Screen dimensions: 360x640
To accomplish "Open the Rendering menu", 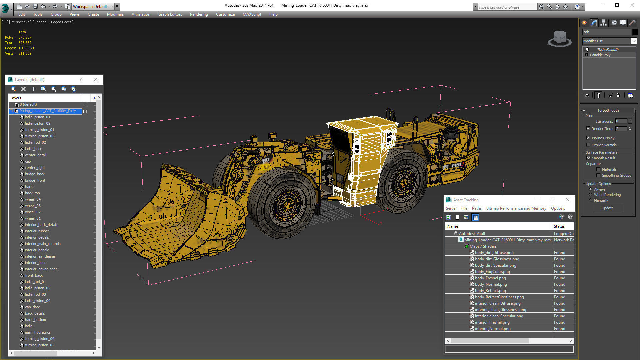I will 199,14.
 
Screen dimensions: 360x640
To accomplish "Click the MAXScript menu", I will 252,14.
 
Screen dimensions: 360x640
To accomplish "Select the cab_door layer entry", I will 32,307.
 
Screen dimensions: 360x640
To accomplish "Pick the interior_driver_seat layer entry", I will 41,269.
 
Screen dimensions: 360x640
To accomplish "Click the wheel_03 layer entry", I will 33,206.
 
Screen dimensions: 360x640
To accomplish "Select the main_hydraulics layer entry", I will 38,332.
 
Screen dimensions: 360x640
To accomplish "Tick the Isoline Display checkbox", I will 588,138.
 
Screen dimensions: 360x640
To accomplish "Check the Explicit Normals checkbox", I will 588,145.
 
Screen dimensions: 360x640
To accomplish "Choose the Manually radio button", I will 590,200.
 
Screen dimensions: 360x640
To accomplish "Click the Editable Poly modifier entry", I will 600,55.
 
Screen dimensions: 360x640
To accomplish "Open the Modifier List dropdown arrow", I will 634,41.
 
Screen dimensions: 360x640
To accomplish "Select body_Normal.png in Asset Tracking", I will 491,284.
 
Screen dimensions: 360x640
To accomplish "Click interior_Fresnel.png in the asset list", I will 492,322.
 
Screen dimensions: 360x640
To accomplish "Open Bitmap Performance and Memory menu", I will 516,208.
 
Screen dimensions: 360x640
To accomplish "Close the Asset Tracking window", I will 568,200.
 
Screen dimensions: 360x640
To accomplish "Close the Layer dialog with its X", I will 96,80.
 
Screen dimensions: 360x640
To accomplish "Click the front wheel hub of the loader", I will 285,203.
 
